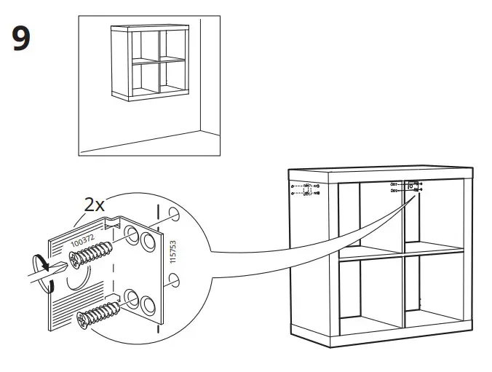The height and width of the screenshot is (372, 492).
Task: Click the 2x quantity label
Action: (x=95, y=205)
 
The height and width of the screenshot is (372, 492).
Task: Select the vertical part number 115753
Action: (x=172, y=250)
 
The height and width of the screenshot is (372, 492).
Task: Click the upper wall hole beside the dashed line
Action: (x=172, y=215)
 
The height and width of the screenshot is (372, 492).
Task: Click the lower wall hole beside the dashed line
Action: (x=172, y=279)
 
